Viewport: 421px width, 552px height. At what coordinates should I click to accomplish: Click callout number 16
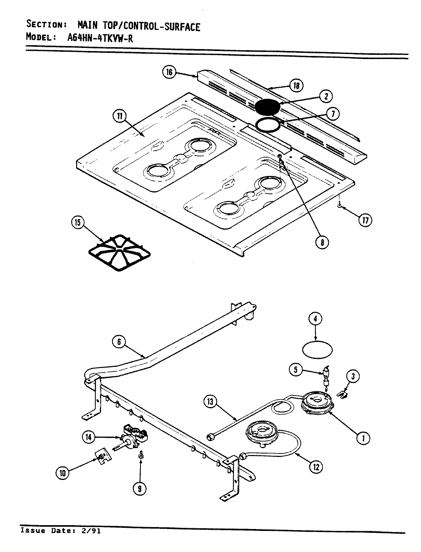click(170, 72)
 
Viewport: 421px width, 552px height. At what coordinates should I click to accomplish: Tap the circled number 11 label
click(120, 116)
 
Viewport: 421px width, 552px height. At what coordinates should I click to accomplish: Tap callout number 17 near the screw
click(365, 220)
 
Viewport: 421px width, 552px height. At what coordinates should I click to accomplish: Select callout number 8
click(323, 242)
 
